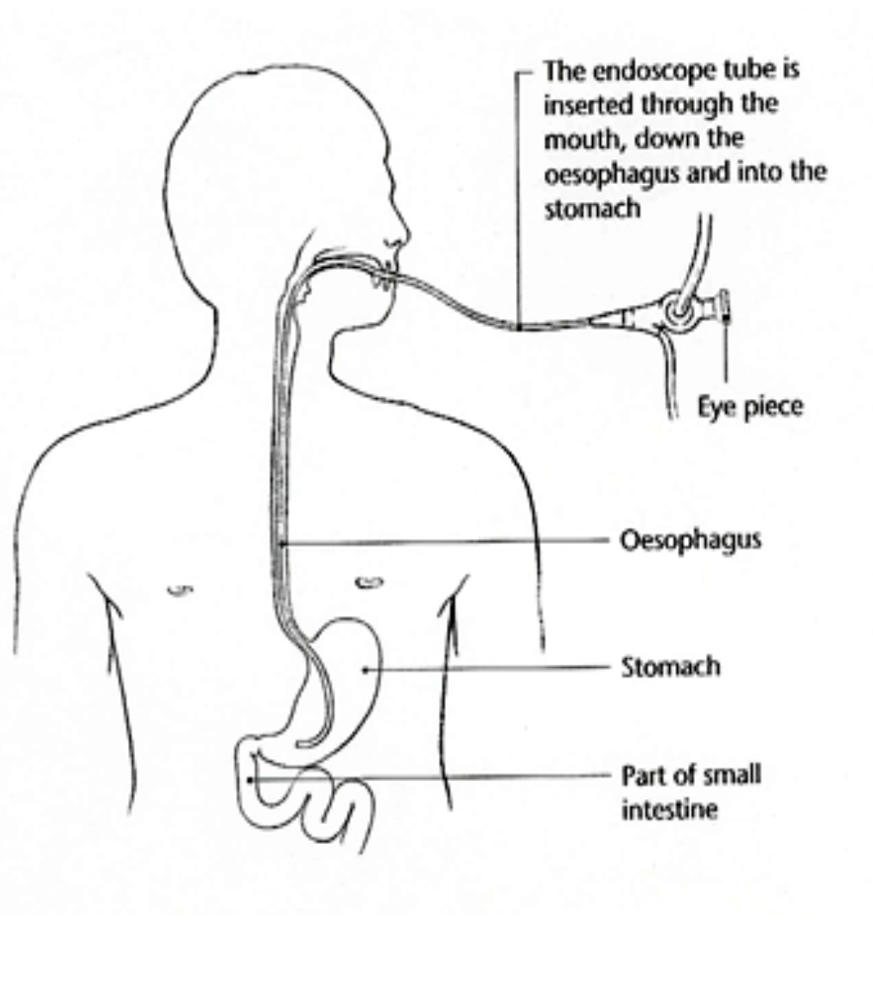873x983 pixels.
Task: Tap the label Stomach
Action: (670, 668)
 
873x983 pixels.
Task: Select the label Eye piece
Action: (750, 407)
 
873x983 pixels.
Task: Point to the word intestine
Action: (669, 810)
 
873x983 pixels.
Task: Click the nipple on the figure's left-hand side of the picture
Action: (180, 591)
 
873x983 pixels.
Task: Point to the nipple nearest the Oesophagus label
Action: (369, 583)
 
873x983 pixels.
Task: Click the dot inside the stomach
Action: (365, 668)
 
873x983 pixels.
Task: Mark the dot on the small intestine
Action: (250, 779)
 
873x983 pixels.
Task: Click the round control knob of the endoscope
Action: (679, 309)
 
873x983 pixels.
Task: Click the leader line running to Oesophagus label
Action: (449, 542)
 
